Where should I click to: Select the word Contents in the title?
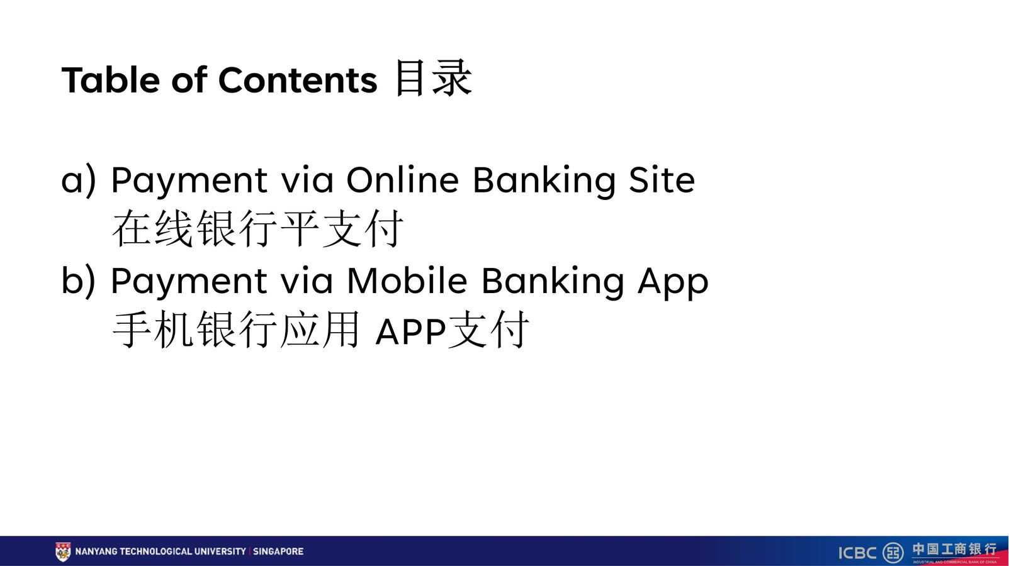click(x=298, y=80)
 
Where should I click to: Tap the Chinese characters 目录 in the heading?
click(x=433, y=79)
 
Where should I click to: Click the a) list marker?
click(x=79, y=180)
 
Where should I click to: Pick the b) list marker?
click(x=79, y=280)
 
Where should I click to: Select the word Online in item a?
click(x=403, y=180)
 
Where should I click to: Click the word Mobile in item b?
click(x=407, y=280)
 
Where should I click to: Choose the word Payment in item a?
click(x=189, y=181)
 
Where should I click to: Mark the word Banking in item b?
click(x=553, y=282)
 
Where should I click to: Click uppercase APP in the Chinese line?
click(x=410, y=331)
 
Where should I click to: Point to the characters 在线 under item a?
click(x=153, y=229)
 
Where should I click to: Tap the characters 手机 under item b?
click(x=153, y=330)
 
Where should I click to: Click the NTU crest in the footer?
click(x=63, y=552)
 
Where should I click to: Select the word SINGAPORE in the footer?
click(x=278, y=552)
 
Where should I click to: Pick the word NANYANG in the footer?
click(x=96, y=552)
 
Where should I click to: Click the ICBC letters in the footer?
click(x=857, y=553)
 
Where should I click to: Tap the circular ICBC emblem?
click(x=893, y=552)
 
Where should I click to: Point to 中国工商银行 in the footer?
click(x=954, y=549)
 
